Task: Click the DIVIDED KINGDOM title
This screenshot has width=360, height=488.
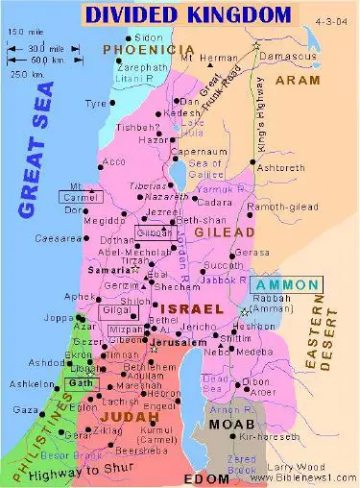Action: pyautogui.click(x=187, y=14)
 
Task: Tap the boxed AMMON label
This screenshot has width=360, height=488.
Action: pyautogui.click(x=286, y=285)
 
